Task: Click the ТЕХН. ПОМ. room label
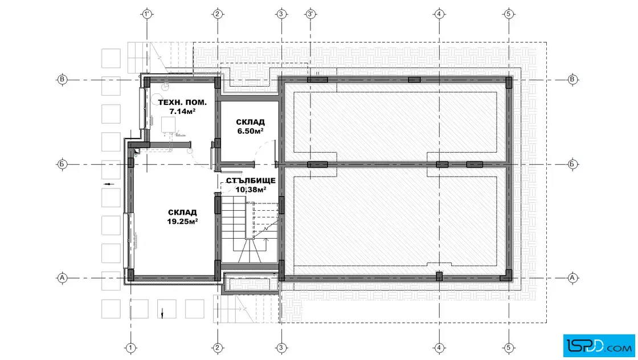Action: click(x=182, y=102)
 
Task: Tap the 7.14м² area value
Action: click(x=182, y=111)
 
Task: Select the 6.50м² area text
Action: click(x=250, y=131)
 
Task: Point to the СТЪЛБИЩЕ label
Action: click(x=251, y=180)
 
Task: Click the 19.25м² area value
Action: click(x=182, y=221)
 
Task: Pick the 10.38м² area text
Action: click(x=251, y=189)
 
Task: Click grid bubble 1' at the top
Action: click(x=147, y=14)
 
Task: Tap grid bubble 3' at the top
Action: click(x=310, y=14)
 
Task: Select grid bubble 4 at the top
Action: click(x=439, y=14)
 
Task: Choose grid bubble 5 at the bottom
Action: click(x=509, y=348)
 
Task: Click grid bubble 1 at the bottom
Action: click(x=130, y=348)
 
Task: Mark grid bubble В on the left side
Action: click(x=62, y=79)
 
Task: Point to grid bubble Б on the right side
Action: click(x=572, y=165)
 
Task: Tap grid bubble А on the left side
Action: click(x=62, y=278)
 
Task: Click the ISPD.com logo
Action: click(x=599, y=346)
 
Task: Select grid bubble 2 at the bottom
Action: click(x=217, y=348)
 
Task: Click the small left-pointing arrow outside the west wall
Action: click(x=109, y=184)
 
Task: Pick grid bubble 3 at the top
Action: click(x=281, y=14)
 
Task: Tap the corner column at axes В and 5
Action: click(x=509, y=82)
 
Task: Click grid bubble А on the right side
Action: click(x=572, y=278)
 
